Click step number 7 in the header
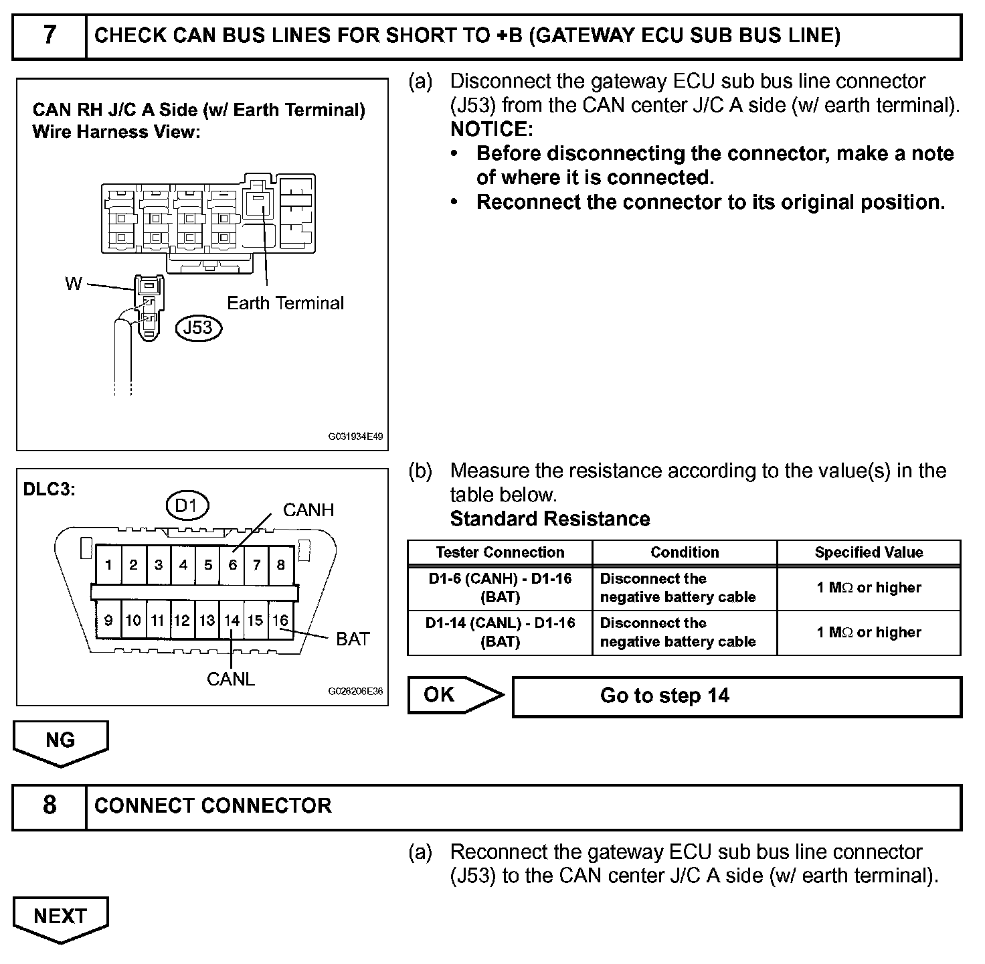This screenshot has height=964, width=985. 50,35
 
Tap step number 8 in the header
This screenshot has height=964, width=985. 50,805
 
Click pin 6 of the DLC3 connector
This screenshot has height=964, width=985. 232,565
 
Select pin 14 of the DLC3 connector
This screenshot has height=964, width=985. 232,621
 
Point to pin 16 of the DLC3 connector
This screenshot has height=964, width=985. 280,621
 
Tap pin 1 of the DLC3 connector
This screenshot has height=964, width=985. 108,565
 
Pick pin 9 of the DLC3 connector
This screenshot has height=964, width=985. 108,621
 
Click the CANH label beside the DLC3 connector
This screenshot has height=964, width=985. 308,510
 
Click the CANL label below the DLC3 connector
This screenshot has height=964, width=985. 231,679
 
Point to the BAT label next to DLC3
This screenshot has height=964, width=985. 353,639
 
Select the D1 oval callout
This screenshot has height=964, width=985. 186,506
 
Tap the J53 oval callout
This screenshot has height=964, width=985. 198,327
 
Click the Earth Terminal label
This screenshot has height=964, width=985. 286,303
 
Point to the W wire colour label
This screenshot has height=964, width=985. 73,284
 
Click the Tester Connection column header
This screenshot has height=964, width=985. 500,552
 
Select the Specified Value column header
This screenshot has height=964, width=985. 869,552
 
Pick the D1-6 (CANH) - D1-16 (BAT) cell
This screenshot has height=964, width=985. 500,588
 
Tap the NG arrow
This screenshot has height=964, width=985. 60,741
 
